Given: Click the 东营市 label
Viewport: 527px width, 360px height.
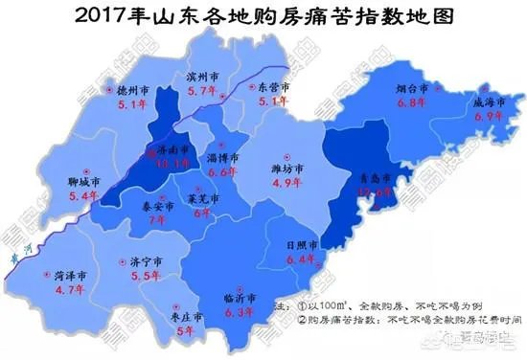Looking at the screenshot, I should [275, 86].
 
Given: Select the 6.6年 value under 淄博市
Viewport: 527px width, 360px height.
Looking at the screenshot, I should [222, 172].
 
